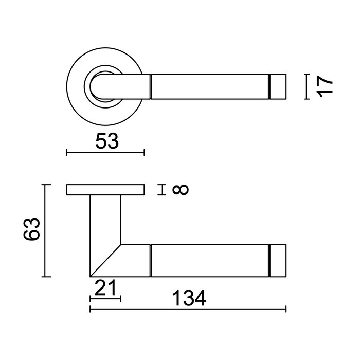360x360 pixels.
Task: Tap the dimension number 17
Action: (x=326, y=85)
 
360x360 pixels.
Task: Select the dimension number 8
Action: (x=181, y=190)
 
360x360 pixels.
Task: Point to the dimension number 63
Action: (x=31, y=230)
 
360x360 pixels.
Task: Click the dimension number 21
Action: (x=105, y=287)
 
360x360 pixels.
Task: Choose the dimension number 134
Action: (x=189, y=298)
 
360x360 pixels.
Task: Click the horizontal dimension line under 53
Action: (x=105, y=152)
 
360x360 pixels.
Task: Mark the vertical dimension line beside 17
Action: (x=307, y=86)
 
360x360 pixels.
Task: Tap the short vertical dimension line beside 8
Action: (x=163, y=190)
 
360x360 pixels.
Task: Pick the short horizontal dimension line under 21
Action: (x=105, y=298)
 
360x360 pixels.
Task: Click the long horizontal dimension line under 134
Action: (x=188, y=310)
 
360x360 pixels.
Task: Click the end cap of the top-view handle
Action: (x=278, y=86)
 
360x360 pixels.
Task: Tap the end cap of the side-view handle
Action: (x=278, y=261)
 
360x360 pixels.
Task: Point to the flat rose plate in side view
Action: (x=105, y=190)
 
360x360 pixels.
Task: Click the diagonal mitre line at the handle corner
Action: (x=105, y=260)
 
